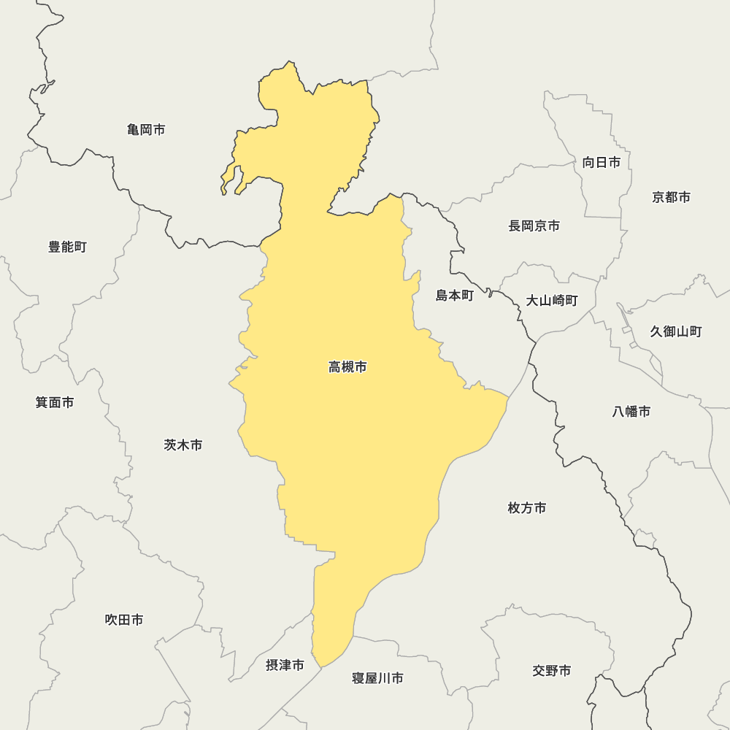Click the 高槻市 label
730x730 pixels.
click(347, 367)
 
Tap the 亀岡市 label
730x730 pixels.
click(146, 130)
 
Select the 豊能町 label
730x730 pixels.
click(68, 247)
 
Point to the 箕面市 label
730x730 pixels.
click(55, 402)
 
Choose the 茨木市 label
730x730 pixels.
click(183, 445)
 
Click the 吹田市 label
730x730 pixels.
click(124, 620)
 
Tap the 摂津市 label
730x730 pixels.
click(285, 665)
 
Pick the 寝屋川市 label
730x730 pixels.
click(377, 678)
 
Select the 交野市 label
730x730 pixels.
click(552, 670)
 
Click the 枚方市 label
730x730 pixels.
click(527, 507)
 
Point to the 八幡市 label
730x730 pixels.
click(631, 411)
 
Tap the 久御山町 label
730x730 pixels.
click(676, 331)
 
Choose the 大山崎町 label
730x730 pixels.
click(552, 300)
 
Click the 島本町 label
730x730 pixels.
click(455, 295)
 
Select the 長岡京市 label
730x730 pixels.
click(534, 226)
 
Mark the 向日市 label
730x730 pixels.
click(602, 162)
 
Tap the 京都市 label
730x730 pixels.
click(672, 197)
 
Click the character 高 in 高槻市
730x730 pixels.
click(335, 367)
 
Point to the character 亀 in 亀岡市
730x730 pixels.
click(134, 130)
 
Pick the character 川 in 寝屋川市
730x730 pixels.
click(384, 678)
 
